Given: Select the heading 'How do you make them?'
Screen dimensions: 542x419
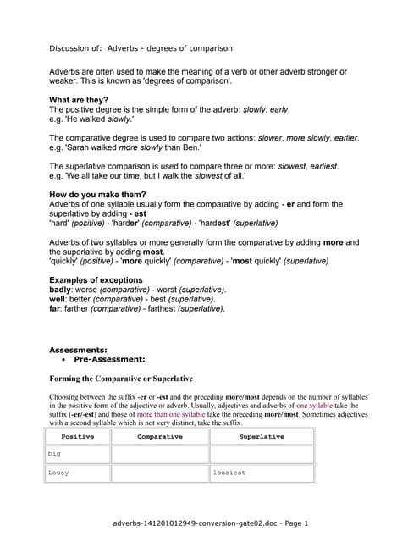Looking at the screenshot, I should [x=98, y=195].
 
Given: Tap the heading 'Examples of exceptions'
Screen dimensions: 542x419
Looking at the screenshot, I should [x=96, y=280].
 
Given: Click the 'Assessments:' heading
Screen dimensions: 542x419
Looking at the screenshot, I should [x=78, y=350].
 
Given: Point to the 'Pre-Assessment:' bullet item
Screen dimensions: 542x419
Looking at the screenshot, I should [x=109, y=359].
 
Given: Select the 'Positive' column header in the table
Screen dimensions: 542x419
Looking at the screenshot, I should [x=78, y=437].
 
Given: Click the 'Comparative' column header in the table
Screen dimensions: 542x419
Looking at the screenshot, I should [x=160, y=437].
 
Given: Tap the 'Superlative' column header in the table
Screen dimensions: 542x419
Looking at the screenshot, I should [x=262, y=437].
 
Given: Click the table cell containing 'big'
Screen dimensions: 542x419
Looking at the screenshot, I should [x=78, y=455].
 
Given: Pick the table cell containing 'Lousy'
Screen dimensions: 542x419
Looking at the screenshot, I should [x=78, y=473].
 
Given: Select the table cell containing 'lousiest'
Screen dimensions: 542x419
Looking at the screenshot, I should [x=262, y=473].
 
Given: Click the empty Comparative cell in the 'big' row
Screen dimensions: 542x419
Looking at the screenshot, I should [x=160, y=455].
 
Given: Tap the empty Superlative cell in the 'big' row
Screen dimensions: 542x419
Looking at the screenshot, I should [x=262, y=455].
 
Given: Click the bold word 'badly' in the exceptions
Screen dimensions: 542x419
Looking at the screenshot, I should [x=61, y=290].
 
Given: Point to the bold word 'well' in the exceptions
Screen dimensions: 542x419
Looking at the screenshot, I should [x=58, y=300].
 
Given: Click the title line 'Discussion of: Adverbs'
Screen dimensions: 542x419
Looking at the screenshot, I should [x=141, y=48].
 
